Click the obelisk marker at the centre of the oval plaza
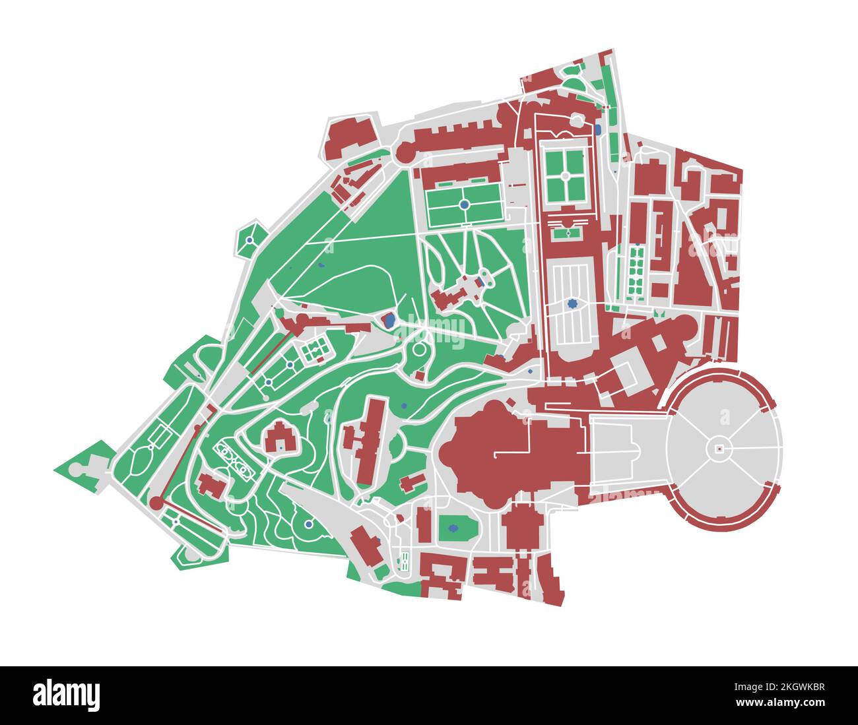tap(719, 449)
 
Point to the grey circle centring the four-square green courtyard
tap(565, 175)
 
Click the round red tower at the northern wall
tap(405, 153)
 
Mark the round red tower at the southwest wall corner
tap(156, 503)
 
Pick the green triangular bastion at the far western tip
tap(78, 466)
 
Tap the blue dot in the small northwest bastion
tap(249, 240)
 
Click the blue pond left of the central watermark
tap(389, 321)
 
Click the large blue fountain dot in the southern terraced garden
tap(308, 524)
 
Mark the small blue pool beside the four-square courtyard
tap(598, 130)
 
